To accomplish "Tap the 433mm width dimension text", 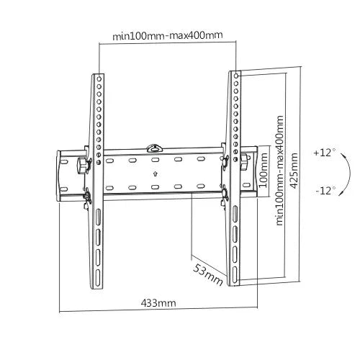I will click(x=158, y=303).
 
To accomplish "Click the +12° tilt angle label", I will click(x=325, y=153).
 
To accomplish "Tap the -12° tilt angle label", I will click(x=325, y=191).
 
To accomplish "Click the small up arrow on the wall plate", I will click(x=156, y=174).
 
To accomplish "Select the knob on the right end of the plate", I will click(x=246, y=158).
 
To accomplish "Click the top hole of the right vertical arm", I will click(x=235, y=76).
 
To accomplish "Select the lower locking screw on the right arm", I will click(x=224, y=193).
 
